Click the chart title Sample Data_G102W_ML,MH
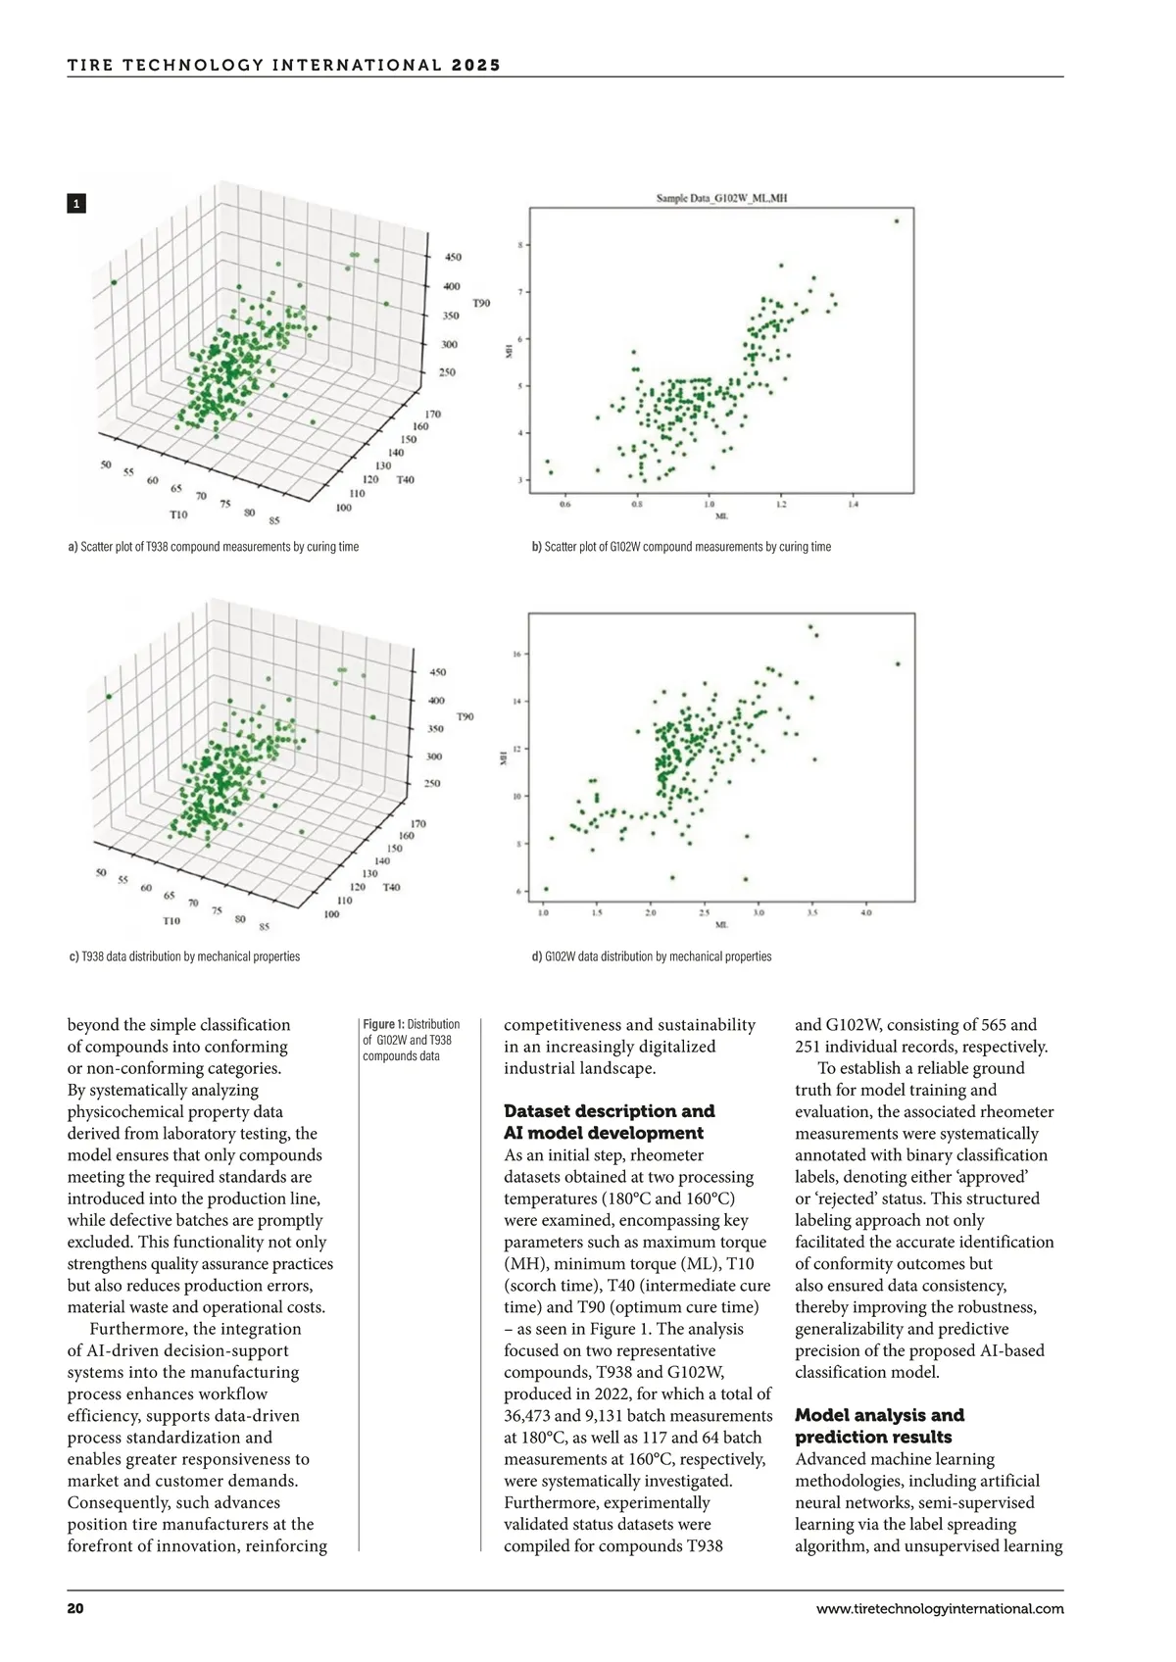[722, 198]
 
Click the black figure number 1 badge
[76, 204]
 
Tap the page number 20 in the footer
[75, 1608]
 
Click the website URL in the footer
[939, 1608]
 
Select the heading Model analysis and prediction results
[879, 1426]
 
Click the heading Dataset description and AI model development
[609, 1122]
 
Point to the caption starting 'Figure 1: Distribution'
[411, 1040]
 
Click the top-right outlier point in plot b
[896, 221]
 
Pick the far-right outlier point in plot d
[898, 664]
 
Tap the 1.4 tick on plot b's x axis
[853, 504]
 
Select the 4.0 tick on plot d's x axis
[865, 912]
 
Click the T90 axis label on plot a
[481, 304]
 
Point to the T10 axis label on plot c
[171, 921]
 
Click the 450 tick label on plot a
[453, 258]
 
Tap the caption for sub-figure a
[213, 547]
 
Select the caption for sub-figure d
[651, 956]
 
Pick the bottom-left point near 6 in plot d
[546, 890]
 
